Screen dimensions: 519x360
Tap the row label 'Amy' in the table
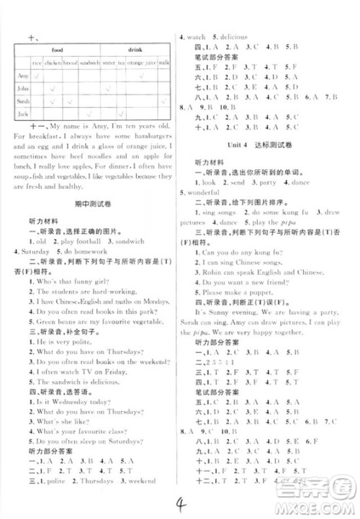[22, 75]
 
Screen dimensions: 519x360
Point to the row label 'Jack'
[22, 114]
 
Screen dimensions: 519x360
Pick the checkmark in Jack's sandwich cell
[89, 114]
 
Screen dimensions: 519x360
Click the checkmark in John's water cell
[107, 89]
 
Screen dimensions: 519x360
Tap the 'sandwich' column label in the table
[89, 63]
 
